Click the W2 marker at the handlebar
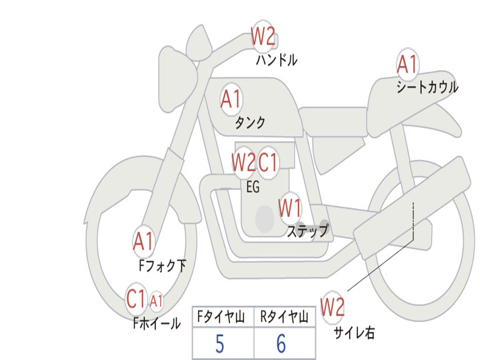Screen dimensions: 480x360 pyautogui.click(x=263, y=36)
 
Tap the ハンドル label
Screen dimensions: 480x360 pyautogui.click(x=277, y=60)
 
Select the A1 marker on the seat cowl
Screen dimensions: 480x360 pyautogui.click(x=407, y=64)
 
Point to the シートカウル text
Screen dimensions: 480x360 pyautogui.click(x=427, y=87)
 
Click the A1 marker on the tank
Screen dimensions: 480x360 pyautogui.click(x=231, y=99)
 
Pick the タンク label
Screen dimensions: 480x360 pyautogui.click(x=250, y=122)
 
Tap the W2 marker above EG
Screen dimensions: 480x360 pyautogui.click(x=244, y=162)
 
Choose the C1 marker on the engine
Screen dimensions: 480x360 pyautogui.click(x=268, y=162)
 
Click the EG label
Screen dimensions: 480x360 pyautogui.click(x=253, y=187)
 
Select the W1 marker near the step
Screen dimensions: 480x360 pyautogui.click(x=290, y=208)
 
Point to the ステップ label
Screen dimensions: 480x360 pyautogui.click(x=307, y=231)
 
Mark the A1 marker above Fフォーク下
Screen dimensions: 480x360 pyautogui.click(x=143, y=241)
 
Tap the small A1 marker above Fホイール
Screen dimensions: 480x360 pyautogui.click(x=156, y=301)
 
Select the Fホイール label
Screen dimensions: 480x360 pyautogui.click(x=157, y=323)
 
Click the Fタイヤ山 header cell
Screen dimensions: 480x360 pyautogui.click(x=224, y=317)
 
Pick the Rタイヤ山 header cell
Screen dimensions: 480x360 pyautogui.click(x=285, y=317)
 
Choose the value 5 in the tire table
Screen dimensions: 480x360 pyautogui.click(x=220, y=344)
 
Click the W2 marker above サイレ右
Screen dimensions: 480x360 pyautogui.click(x=332, y=307)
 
